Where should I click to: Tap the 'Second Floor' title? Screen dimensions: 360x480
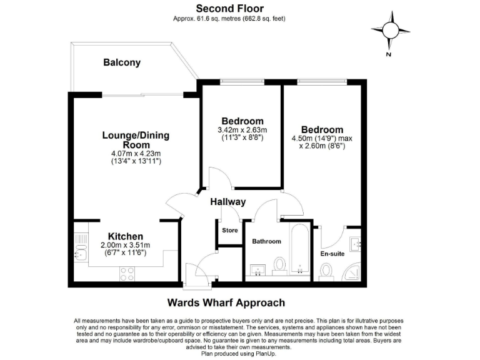point(229,8)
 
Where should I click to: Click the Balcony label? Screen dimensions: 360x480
point(122,62)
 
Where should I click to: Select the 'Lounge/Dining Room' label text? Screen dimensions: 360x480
point(136,140)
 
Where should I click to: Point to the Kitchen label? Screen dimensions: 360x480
point(126,236)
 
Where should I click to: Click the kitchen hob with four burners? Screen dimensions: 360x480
point(127,274)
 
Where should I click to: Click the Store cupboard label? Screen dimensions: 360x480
point(230,231)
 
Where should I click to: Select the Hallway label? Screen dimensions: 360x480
point(227,202)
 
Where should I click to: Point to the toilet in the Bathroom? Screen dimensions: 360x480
point(280,265)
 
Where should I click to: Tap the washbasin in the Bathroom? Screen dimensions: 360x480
point(257,269)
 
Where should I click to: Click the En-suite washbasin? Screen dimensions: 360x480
point(354,244)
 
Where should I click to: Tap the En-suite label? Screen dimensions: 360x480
point(332,254)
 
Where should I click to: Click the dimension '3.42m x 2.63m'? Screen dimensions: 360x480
point(242,130)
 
